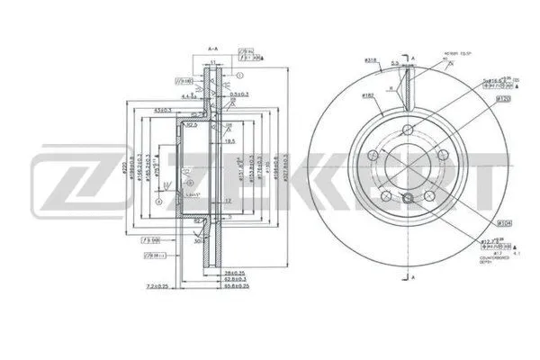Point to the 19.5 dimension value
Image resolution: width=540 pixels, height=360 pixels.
pos(230,141)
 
